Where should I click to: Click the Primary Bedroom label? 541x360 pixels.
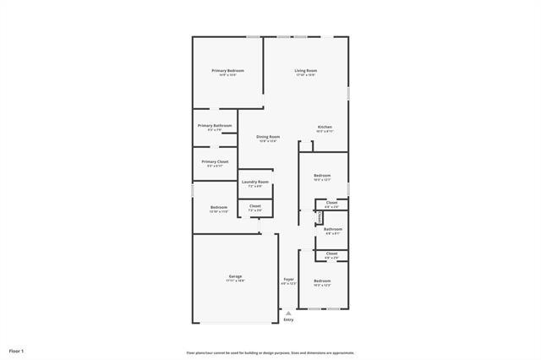[228, 70]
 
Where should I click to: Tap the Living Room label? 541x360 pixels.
[305, 70]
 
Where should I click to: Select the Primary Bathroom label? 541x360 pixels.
[215, 125]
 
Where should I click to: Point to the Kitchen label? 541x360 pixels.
[325, 127]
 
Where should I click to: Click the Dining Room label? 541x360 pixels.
[268, 136]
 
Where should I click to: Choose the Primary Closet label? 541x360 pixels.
[215, 161]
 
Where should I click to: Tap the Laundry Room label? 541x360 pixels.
[254, 182]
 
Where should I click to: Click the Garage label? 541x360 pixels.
[235, 276]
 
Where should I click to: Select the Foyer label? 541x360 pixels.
[288, 279]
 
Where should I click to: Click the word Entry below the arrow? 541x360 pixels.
[288, 319]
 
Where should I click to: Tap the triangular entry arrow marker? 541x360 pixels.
[288, 313]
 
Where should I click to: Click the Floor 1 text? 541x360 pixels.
[17, 351]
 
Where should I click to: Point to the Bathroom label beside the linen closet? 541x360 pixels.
[332, 228]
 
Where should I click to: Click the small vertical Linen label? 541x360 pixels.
[320, 218]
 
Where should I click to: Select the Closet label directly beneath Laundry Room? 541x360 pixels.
[254, 205]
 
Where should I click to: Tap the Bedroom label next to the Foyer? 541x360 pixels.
[322, 281]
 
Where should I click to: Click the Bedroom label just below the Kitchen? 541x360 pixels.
[322, 175]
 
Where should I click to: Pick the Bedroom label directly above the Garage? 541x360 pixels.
[219, 207]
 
